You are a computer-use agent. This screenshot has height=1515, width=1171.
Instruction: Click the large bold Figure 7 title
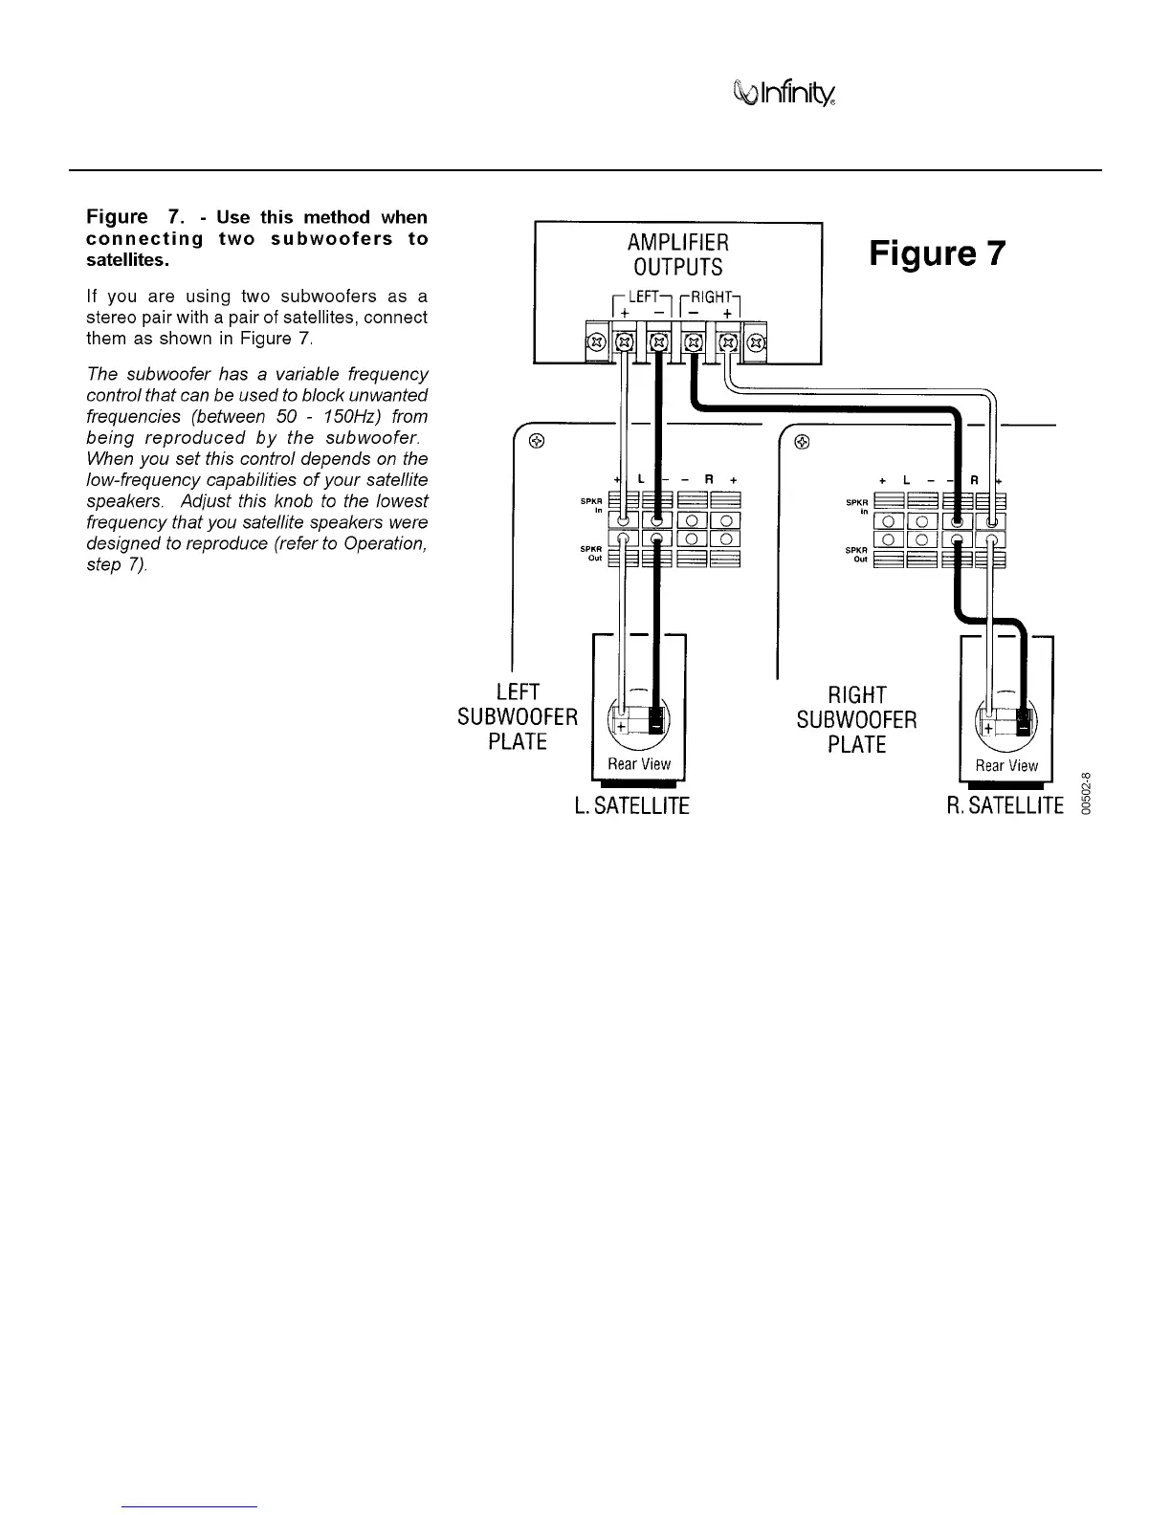click(x=938, y=253)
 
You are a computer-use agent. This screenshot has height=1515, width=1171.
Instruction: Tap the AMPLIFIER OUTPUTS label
click(x=678, y=254)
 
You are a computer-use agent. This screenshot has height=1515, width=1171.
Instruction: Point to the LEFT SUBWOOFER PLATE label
click(x=518, y=716)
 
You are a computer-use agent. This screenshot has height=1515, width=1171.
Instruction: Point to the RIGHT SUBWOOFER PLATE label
click(x=856, y=719)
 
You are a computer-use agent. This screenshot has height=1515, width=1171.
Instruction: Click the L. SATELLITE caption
click(x=631, y=806)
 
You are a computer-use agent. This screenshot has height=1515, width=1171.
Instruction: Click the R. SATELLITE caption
click(x=1005, y=806)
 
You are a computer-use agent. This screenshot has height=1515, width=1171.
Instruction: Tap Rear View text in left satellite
click(x=639, y=764)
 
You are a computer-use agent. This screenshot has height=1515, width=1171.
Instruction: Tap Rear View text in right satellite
click(x=1006, y=765)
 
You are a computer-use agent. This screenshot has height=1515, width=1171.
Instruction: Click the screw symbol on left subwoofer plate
click(x=537, y=442)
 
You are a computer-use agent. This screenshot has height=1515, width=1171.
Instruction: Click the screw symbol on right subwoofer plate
click(x=802, y=442)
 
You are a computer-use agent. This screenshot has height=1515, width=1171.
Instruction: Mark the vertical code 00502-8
click(x=1086, y=791)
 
